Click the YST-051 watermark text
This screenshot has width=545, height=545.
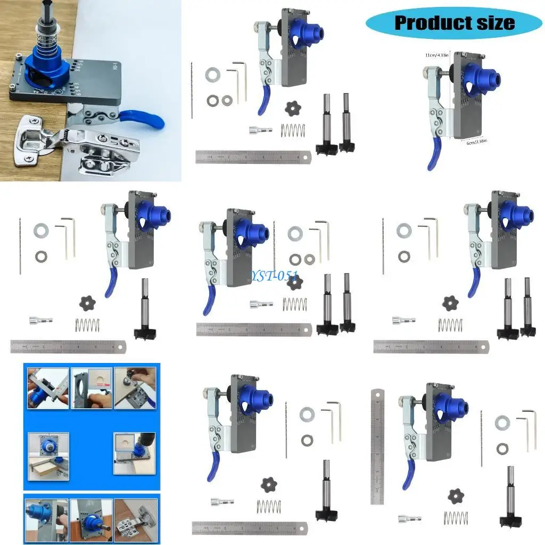tap(275, 277)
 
